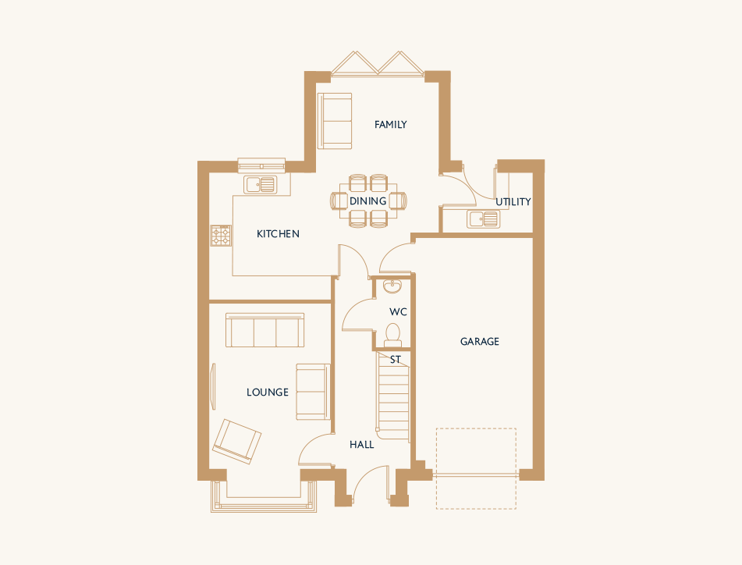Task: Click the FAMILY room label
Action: pyautogui.click(x=390, y=124)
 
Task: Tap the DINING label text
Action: pyautogui.click(x=367, y=201)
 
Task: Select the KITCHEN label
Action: pyautogui.click(x=278, y=234)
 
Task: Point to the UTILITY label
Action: pyautogui.click(x=513, y=202)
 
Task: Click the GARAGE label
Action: pyautogui.click(x=479, y=342)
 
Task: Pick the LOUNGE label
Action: pyautogui.click(x=268, y=393)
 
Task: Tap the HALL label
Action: pyautogui.click(x=361, y=445)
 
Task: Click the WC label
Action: pyautogui.click(x=398, y=312)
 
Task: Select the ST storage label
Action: pyautogui.click(x=395, y=360)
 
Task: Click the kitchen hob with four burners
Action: pyautogui.click(x=221, y=235)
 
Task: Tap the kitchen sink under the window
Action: pyautogui.click(x=261, y=184)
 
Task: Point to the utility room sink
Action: pyautogui.click(x=483, y=219)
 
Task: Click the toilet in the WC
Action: pyautogui.click(x=392, y=335)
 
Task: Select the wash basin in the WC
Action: pyautogui.click(x=392, y=286)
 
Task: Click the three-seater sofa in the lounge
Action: pyautogui.click(x=265, y=330)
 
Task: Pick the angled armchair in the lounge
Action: pyautogui.click(x=236, y=442)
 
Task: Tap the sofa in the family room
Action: pyautogui.click(x=335, y=121)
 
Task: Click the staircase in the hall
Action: pyautogui.click(x=393, y=396)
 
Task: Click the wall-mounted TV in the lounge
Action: pyautogui.click(x=213, y=386)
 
